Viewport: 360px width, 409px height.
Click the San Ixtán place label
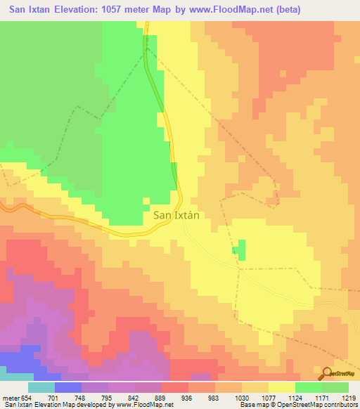[176, 216]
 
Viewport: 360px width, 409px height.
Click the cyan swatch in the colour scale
[41, 387]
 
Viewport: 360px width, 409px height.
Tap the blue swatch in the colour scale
[68, 387]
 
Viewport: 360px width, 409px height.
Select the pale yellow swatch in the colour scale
[282, 387]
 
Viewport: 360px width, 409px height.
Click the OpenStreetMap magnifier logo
[328, 372]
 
